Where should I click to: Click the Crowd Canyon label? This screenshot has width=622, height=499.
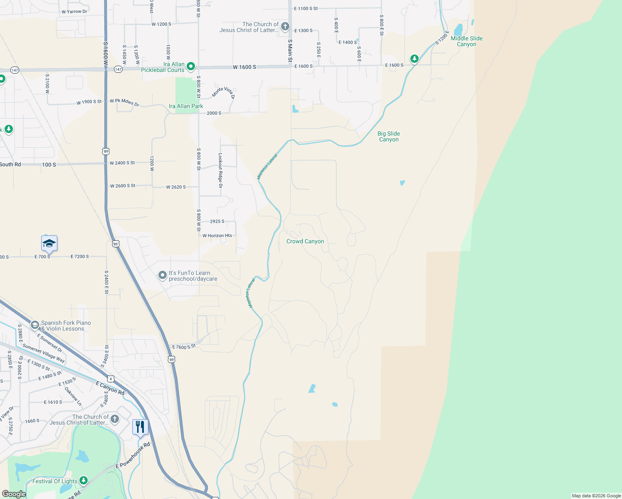(305, 241)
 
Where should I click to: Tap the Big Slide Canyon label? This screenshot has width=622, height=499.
(389, 136)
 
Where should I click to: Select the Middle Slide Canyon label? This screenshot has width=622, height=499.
(466, 41)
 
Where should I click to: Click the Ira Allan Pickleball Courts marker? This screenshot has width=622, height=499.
(191, 66)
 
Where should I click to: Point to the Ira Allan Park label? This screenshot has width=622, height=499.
(186, 106)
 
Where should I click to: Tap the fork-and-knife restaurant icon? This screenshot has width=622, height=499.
(140, 427)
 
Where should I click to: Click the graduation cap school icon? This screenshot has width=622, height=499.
(49, 243)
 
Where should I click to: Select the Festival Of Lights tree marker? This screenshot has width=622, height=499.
(84, 481)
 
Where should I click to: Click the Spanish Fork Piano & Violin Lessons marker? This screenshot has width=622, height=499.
(35, 325)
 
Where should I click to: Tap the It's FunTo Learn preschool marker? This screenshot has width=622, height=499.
(163, 275)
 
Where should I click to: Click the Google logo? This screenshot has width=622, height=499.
(14, 494)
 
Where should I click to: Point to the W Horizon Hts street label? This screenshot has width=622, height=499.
(217, 236)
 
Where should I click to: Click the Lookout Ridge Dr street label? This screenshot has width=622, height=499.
(220, 170)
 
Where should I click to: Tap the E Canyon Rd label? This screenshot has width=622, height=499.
(110, 388)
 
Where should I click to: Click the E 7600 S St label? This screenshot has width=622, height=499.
(184, 347)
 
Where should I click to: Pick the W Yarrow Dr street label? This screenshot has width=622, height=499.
(74, 12)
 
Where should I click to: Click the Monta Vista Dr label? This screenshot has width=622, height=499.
(224, 92)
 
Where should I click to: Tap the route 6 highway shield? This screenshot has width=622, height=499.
(110, 379)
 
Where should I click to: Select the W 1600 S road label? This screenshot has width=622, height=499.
(244, 67)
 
